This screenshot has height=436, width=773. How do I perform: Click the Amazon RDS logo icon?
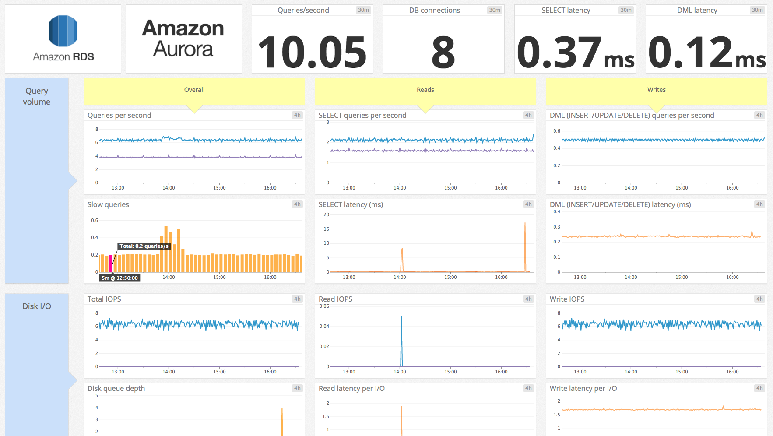pyautogui.click(x=63, y=31)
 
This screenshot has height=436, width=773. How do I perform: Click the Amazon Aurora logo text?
pyautogui.click(x=183, y=39)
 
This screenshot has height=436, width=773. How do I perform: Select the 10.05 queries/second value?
pyautogui.click(x=312, y=53)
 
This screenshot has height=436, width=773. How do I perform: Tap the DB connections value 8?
pyautogui.click(x=443, y=53)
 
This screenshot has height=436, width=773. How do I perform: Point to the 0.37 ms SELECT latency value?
pyautogui.click(x=575, y=53)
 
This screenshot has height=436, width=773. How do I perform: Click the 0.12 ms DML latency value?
pyautogui.click(x=706, y=53)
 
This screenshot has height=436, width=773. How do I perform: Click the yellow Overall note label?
pyautogui.click(x=194, y=90)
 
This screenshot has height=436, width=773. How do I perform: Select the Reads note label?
pyautogui.click(x=425, y=90)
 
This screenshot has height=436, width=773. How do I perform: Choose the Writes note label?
pyautogui.click(x=656, y=90)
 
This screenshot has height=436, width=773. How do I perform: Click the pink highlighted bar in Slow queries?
pyautogui.click(x=111, y=264)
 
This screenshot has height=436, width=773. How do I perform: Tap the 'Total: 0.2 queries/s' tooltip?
pyautogui.click(x=144, y=246)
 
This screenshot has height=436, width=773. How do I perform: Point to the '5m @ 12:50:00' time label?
pyautogui.click(x=119, y=278)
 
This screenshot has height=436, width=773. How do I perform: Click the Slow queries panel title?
pyautogui.click(x=108, y=204)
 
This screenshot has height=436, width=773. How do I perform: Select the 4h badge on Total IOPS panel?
pyautogui.click(x=297, y=299)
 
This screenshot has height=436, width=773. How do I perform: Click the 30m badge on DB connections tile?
pyautogui.click(x=495, y=10)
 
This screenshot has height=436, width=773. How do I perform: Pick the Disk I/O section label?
pyautogui.click(x=37, y=306)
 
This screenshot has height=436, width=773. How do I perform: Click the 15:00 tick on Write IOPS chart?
pyautogui.click(x=682, y=372)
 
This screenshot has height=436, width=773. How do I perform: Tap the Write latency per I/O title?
pyautogui.click(x=583, y=388)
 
